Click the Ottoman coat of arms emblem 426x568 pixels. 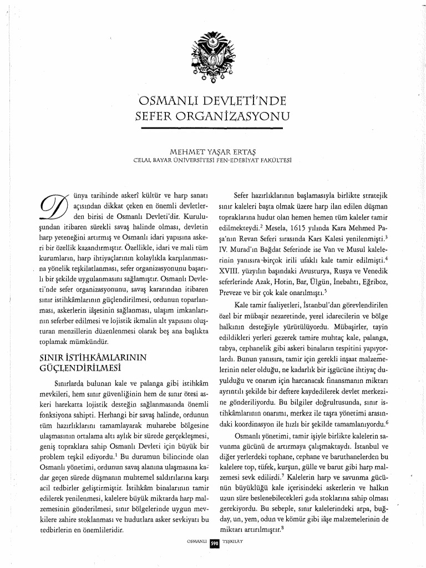(x=213, y=59)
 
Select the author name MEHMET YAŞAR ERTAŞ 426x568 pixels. (x=213, y=151)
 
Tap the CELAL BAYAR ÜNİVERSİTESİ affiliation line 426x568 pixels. (x=213, y=160)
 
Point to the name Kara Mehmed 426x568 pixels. (x=352, y=226)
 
